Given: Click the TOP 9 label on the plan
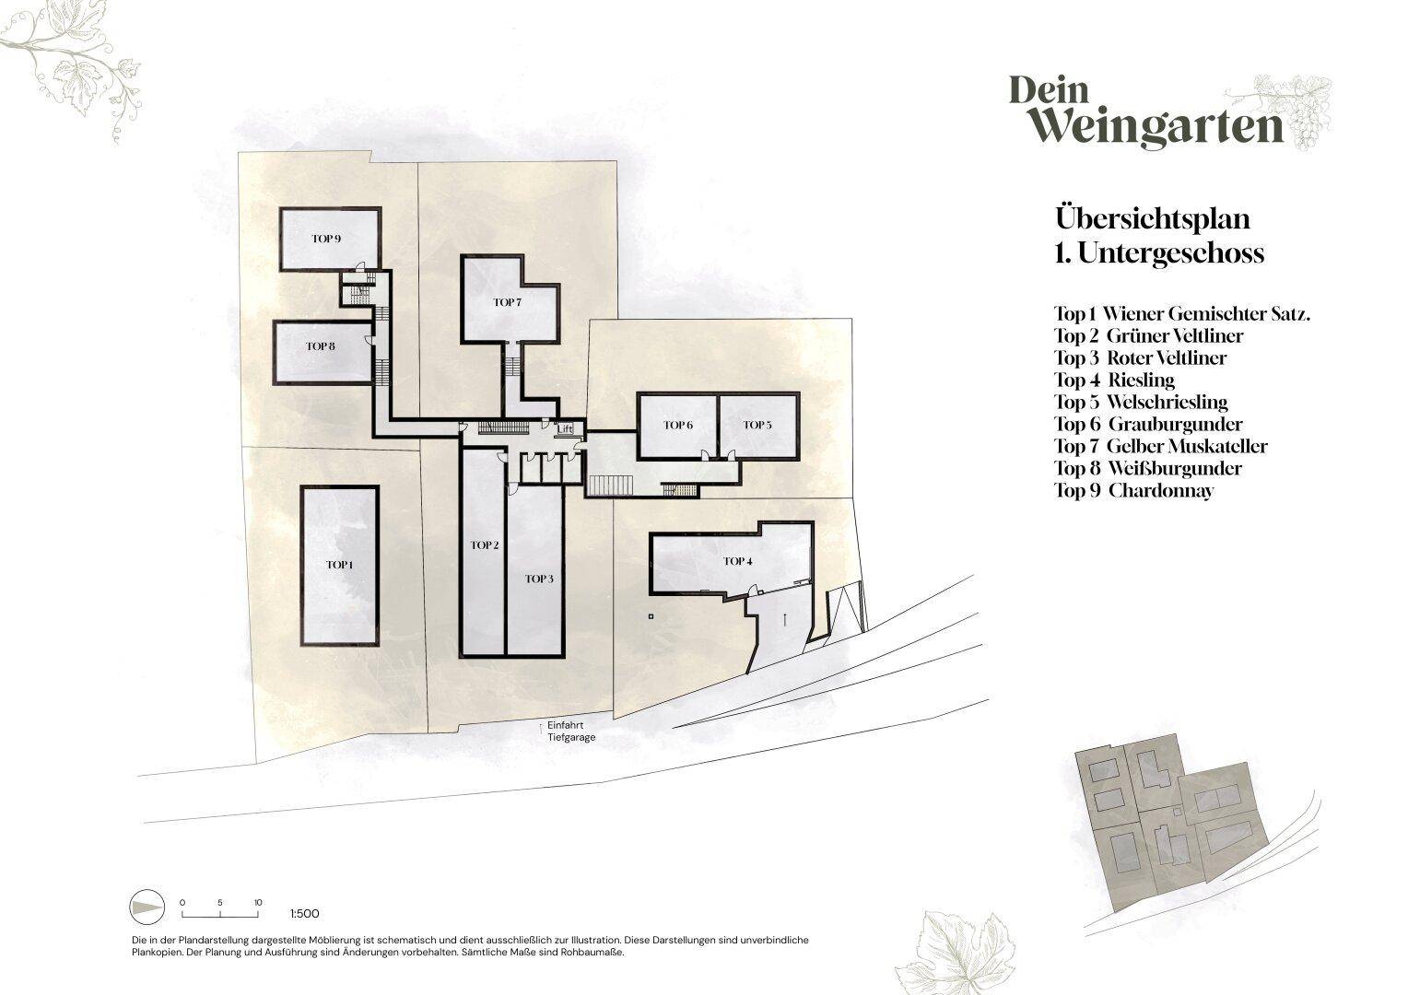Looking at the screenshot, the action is click(326, 239).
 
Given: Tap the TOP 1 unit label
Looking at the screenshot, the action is click(339, 565).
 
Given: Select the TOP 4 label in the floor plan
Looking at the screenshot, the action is click(738, 561).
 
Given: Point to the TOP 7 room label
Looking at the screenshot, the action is click(507, 302).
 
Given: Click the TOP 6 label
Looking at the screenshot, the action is click(678, 425).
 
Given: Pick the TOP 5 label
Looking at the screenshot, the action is click(757, 425).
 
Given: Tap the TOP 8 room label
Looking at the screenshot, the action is click(321, 346).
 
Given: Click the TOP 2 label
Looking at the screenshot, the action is click(485, 545).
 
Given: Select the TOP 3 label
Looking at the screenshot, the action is click(539, 579).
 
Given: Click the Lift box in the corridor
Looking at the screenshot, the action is click(566, 428).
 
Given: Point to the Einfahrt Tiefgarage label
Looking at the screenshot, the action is click(571, 731).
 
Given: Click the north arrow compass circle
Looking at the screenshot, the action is click(147, 907).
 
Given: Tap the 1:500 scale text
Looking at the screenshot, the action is click(305, 913).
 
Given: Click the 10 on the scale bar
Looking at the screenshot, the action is click(258, 903).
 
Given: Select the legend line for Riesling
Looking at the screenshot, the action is click(1114, 380).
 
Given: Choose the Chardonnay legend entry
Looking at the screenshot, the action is click(1134, 490).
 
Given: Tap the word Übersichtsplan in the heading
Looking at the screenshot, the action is click(1153, 218).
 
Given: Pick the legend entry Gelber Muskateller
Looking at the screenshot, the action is click(1161, 446).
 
